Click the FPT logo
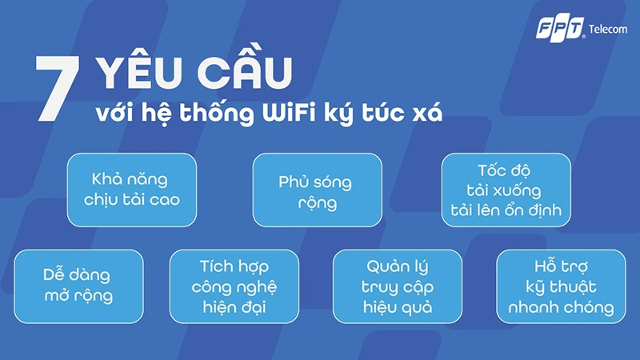coord(561,29)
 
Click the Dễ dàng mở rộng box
coord(78,286)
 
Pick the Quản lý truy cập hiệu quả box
coord(397,286)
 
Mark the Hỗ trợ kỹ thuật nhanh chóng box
coord(554,286)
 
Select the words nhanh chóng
coord(554,307)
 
